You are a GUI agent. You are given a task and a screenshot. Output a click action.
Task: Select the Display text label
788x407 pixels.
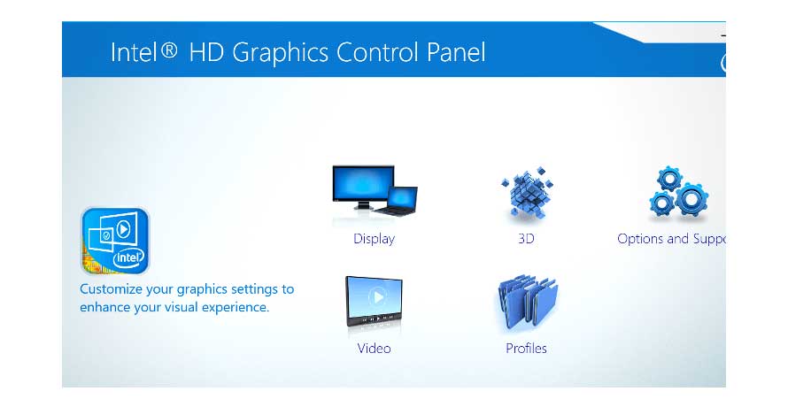tap(374, 239)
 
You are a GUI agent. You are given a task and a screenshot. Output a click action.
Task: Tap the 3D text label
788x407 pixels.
tap(526, 239)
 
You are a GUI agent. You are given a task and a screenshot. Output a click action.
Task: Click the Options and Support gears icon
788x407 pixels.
tap(677, 195)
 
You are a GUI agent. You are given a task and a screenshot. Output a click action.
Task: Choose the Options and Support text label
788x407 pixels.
tap(671, 239)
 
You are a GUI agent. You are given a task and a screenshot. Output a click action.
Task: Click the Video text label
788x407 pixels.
tap(374, 349)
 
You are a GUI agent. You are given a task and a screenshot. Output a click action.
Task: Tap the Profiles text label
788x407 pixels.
tap(526, 349)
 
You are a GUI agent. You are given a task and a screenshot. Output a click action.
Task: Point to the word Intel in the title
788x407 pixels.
tap(133, 52)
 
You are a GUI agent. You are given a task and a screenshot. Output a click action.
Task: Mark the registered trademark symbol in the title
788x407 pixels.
tap(170, 51)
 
